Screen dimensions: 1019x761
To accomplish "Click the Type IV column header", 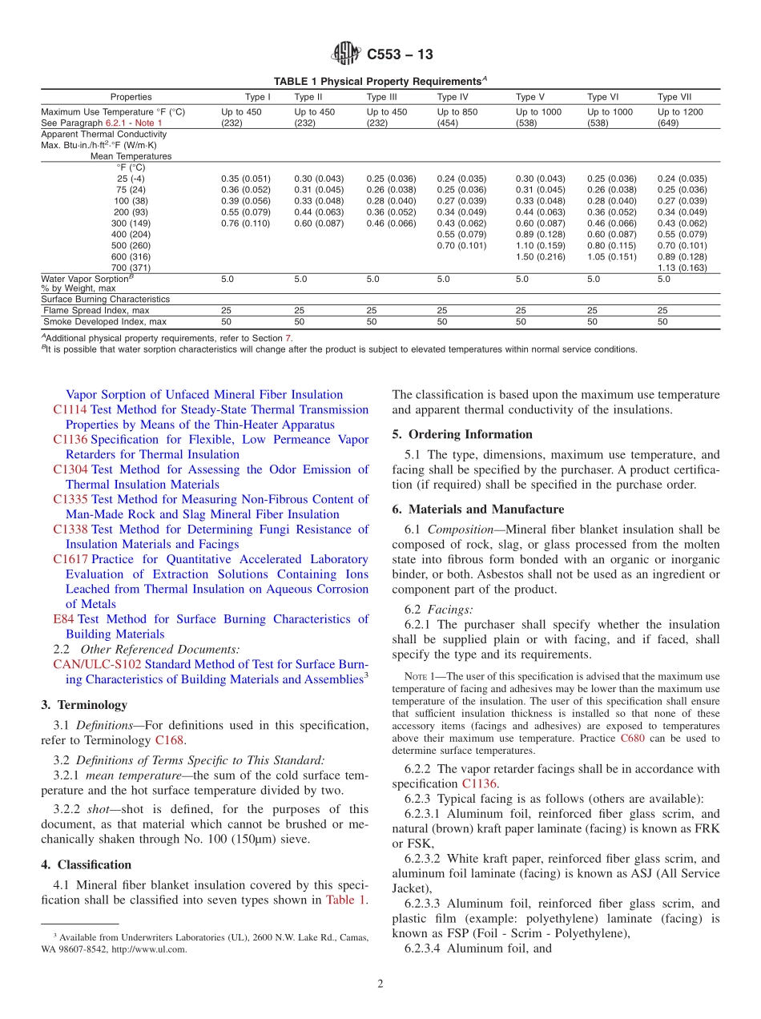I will [448, 97].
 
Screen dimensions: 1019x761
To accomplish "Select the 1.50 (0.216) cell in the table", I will [542, 256].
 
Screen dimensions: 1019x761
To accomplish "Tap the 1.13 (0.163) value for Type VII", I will [682, 268].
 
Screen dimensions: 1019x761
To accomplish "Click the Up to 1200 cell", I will [680, 112].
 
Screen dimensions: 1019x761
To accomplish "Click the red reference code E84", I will [63, 618].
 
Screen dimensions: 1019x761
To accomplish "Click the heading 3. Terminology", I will [83, 705].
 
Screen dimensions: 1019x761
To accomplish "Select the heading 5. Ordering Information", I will [462, 434].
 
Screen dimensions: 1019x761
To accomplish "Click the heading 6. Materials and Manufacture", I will [477, 509].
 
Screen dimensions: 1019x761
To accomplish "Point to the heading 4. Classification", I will [86, 864].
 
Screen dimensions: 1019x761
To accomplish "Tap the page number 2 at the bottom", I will [380, 984].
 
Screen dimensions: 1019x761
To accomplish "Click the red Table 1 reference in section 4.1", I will [345, 900].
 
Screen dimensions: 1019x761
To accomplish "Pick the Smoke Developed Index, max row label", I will [105, 321].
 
